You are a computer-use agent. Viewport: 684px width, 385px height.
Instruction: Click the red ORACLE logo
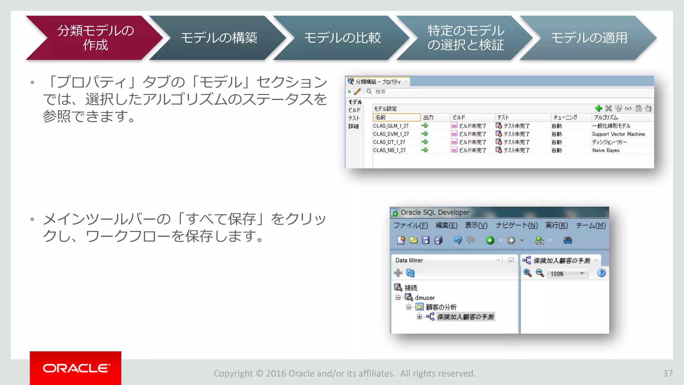click(x=75, y=368)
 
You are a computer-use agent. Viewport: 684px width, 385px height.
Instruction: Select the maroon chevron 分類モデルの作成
click(x=95, y=38)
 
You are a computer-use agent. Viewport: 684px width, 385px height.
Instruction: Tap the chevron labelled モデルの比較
click(x=342, y=38)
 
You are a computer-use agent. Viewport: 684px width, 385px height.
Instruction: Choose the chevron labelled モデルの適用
click(x=589, y=38)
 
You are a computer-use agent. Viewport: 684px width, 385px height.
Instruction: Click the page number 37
click(x=668, y=373)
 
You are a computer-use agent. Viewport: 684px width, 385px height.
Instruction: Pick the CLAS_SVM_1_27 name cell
click(x=391, y=134)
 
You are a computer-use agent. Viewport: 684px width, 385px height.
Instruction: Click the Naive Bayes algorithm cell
click(x=606, y=150)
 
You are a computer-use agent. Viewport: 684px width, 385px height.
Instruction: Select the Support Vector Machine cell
click(x=618, y=134)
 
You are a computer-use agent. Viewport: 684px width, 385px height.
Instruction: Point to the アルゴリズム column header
click(x=606, y=117)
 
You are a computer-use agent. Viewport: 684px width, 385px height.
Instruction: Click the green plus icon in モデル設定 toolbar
click(x=598, y=108)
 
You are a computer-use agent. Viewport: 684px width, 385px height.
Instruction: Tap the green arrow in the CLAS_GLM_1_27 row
click(x=425, y=126)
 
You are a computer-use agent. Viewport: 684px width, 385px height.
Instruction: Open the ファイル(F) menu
click(x=410, y=225)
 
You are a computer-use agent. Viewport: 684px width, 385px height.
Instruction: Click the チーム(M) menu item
click(x=590, y=225)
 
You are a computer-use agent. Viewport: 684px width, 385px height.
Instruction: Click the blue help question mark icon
click(x=601, y=273)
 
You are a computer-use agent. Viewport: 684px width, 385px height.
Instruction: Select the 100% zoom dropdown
click(x=567, y=274)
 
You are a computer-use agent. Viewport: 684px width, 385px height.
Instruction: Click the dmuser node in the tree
click(x=424, y=297)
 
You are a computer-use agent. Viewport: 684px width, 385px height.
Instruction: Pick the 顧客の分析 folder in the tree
click(x=441, y=307)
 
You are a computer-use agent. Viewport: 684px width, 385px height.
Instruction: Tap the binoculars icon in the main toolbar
click(x=567, y=240)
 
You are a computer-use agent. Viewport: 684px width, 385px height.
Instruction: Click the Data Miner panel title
click(x=409, y=260)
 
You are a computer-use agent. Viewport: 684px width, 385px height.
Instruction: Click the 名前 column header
click(x=396, y=117)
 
